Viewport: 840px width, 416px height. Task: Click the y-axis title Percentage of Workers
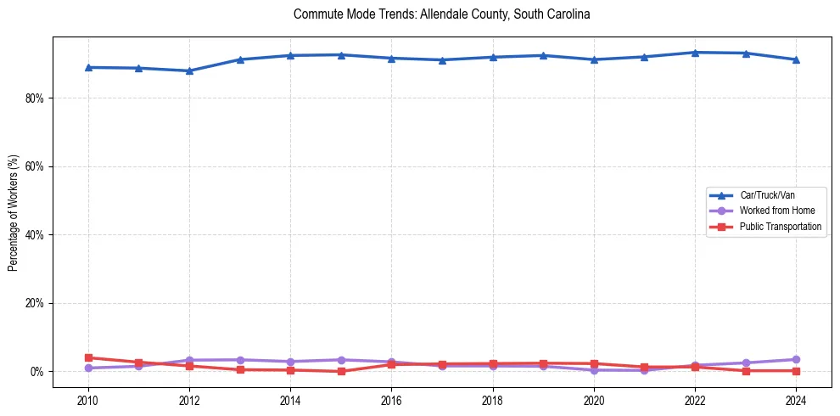coord(14,213)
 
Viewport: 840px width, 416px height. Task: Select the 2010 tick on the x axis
coord(87,399)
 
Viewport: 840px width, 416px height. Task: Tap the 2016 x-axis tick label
coord(391,399)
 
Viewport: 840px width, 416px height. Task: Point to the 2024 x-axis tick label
coord(796,399)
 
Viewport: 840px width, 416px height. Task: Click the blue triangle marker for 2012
coord(189,70)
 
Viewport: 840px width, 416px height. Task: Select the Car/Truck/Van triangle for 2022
coord(695,53)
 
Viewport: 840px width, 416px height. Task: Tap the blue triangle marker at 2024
coord(796,59)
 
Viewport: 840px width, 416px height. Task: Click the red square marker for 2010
coord(87,357)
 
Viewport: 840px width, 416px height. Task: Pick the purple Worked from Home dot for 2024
coord(796,359)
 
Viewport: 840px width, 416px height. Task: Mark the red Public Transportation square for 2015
coord(341,371)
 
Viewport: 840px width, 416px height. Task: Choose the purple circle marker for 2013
coord(240,360)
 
